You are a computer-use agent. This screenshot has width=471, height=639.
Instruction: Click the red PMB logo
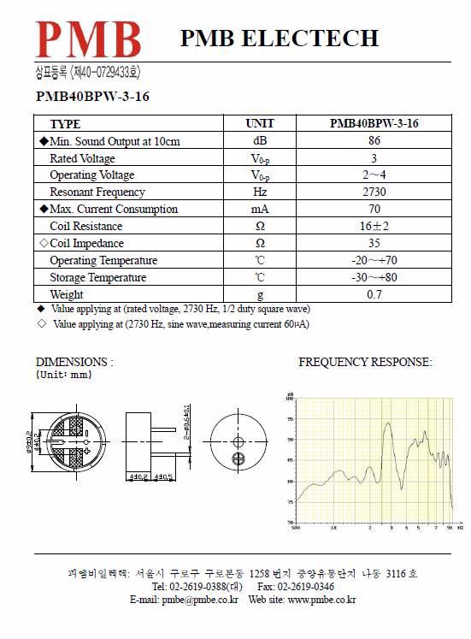[x=88, y=38]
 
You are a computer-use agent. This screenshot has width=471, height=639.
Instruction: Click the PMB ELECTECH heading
[x=279, y=38]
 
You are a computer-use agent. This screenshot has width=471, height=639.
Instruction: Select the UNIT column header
[x=260, y=124]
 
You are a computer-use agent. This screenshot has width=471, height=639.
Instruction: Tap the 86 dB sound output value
[x=374, y=141]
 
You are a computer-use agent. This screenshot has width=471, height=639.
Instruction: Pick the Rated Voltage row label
[x=82, y=158]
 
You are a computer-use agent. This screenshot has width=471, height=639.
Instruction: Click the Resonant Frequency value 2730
[x=374, y=192]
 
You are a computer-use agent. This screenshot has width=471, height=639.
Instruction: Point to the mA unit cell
[x=260, y=210]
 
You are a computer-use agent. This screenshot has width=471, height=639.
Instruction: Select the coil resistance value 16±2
[x=374, y=227]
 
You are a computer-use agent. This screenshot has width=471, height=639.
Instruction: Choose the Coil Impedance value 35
[x=374, y=244]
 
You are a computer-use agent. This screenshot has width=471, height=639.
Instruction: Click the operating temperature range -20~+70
[x=374, y=261]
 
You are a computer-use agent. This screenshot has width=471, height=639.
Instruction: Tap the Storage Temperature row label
[x=97, y=278]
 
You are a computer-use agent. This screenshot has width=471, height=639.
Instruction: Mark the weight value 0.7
[x=374, y=295]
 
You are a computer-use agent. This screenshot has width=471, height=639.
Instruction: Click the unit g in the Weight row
[x=260, y=295]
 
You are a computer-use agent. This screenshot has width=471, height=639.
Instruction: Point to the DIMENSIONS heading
[x=74, y=362]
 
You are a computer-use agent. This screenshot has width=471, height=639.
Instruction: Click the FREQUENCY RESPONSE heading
[x=365, y=362]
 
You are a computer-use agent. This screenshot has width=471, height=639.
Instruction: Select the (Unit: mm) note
[x=64, y=375]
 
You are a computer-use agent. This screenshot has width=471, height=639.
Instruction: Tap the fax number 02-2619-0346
[x=305, y=587]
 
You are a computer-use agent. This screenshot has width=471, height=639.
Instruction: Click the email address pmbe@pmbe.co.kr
[x=198, y=600]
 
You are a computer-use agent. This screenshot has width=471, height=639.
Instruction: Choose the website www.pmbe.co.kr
[x=321, y=600]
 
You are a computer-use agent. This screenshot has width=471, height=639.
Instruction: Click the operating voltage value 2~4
[x=374, y=175]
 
